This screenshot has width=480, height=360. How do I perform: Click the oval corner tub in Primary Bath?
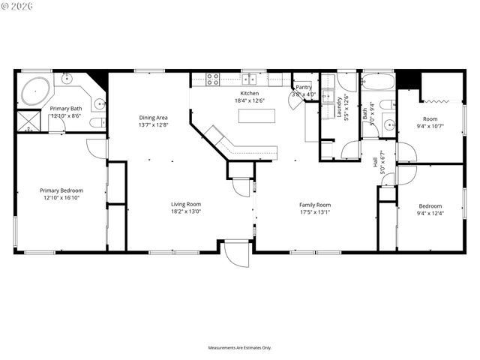pos(34,91)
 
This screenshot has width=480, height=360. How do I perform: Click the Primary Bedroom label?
pos(61,190)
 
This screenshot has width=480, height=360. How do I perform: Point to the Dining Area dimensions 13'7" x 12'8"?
pos(152,125)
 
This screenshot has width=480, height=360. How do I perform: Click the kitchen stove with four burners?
pos(212,78)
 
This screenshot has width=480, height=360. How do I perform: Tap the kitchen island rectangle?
pos(256,115)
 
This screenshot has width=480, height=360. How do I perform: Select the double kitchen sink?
pos(249,78)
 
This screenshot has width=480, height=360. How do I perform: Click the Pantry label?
pos(304,88)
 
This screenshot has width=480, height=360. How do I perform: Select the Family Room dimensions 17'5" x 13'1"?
pos(314,212)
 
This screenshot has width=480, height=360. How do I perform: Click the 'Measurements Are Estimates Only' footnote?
pos(239,348)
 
